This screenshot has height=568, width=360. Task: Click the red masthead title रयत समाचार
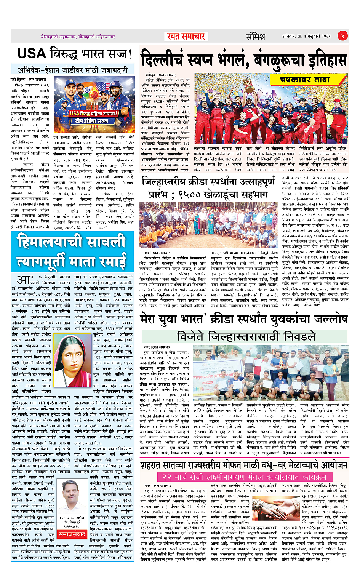tap(186, 37)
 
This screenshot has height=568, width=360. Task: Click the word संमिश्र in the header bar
tap(255, 37)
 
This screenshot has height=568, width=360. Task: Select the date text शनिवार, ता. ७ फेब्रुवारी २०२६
tap(306, 37)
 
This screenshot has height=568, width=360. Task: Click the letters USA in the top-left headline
tap(32, 54)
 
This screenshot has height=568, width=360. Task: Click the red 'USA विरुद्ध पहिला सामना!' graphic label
tap(93, 114)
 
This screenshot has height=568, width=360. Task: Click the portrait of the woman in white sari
tap(69, 359)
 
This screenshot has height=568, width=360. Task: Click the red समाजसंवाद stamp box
tap(73, 534)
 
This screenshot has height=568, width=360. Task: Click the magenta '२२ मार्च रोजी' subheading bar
tap(244, 477)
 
